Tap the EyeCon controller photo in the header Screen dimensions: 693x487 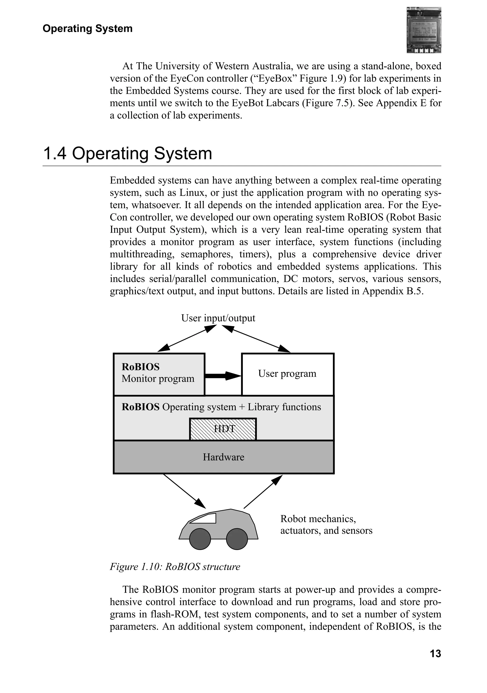pyautogui.click(x=424, y=30)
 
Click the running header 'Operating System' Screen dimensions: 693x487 pyautogui.click(x=88, y=29)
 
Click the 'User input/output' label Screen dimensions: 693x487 pyautogui.click(x=218, y=318)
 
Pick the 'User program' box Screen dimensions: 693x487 pyautogui.click(x=287, y=374)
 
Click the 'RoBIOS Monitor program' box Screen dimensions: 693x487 pyautogui.click(x=159, y=374)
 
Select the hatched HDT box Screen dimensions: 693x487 pyautogui.click(x=223, y=429)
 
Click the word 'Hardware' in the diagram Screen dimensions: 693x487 pyautogui.click(x=224, y=457)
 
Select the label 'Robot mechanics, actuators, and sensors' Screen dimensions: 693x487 pyautogui.click(x=326, y=525)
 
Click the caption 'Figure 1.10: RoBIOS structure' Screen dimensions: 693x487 pyautogui.click(x=175, y=567)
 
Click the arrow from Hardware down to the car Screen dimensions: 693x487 pyautogui.click(x=184, y=491)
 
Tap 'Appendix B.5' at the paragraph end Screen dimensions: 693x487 pyautogui.click(x=393, y=291)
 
